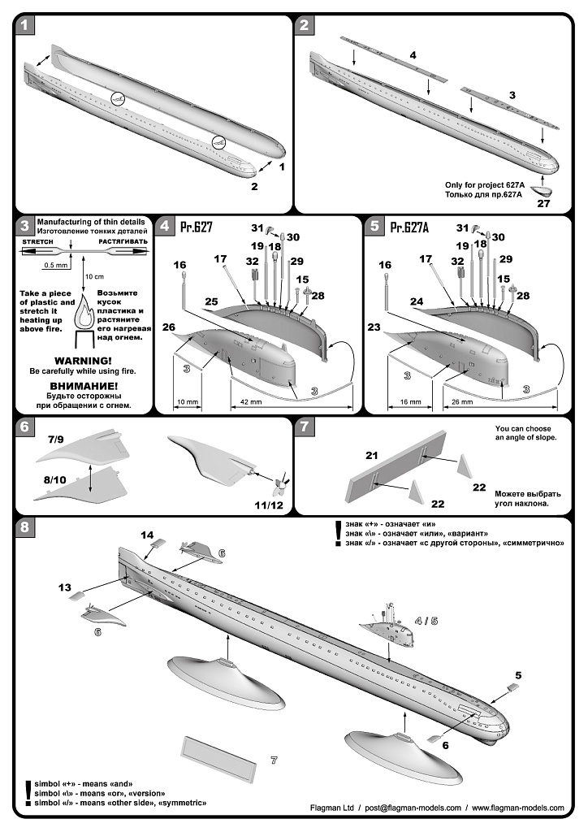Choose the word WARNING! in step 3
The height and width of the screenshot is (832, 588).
83,360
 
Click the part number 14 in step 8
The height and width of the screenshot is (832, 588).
147,535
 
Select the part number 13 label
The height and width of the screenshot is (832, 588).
65,586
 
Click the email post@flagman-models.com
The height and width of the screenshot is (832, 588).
413,808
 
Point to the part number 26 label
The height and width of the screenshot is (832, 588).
168,327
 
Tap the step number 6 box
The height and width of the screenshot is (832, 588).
25,425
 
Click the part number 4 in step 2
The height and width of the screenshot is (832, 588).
413,54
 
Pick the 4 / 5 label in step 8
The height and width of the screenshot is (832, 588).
426,621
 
